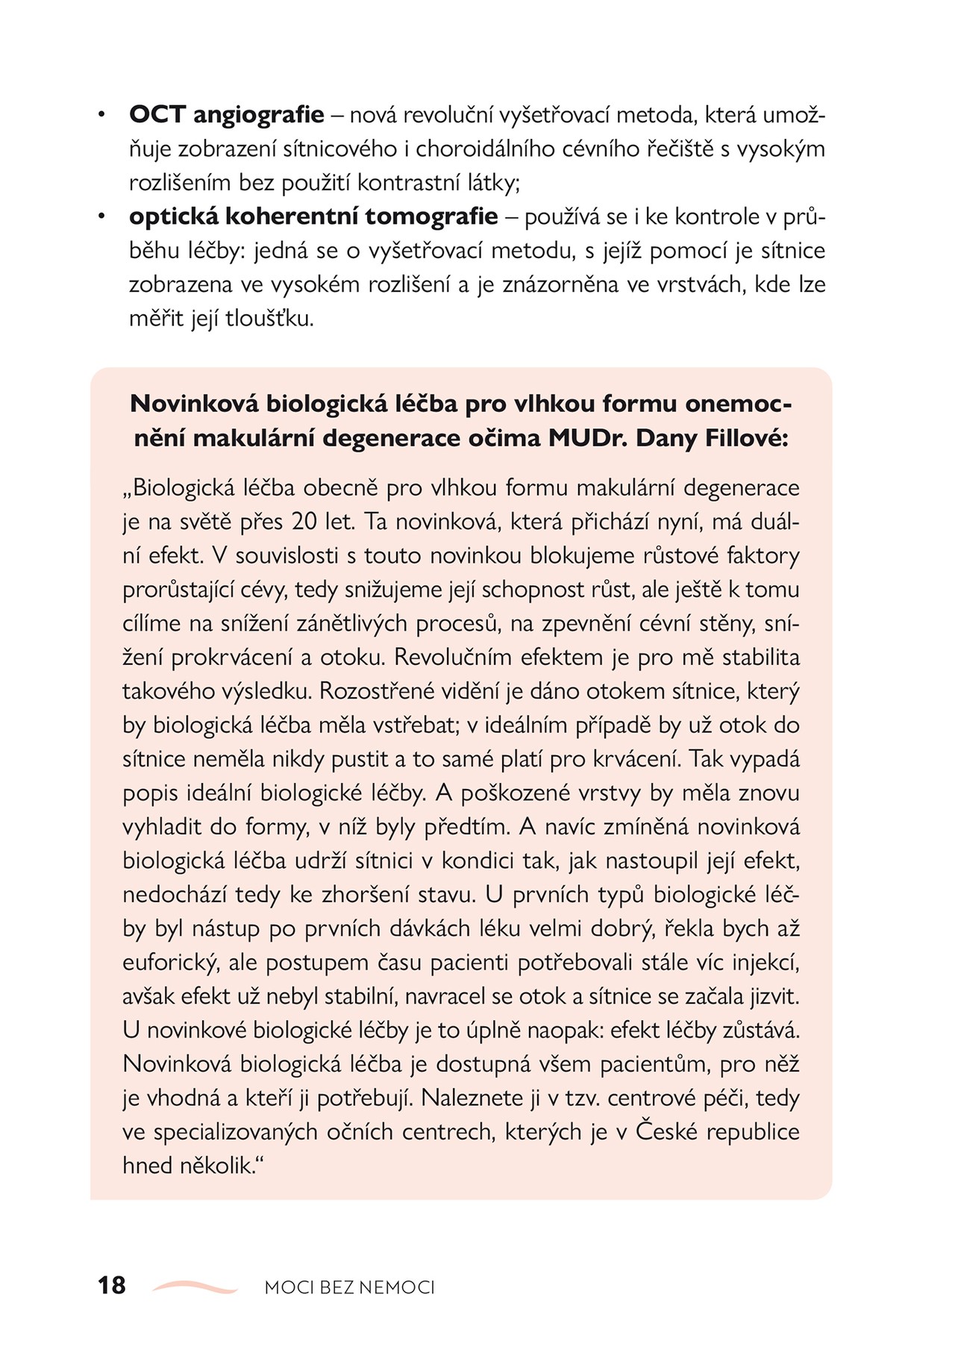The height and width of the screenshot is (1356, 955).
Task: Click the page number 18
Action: click(x=112, y=1286)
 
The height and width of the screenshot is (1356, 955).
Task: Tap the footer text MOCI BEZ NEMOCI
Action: click(x=349, y=1287)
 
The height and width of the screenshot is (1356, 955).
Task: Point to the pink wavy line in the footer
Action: click(x=195, y=1286)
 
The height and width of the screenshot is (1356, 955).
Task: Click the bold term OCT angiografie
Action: click(x=226, y=115)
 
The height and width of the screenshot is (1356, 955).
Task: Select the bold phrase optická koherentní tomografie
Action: click(x=313, y=216)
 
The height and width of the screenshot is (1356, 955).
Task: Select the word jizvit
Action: click(x=772, y=996)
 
